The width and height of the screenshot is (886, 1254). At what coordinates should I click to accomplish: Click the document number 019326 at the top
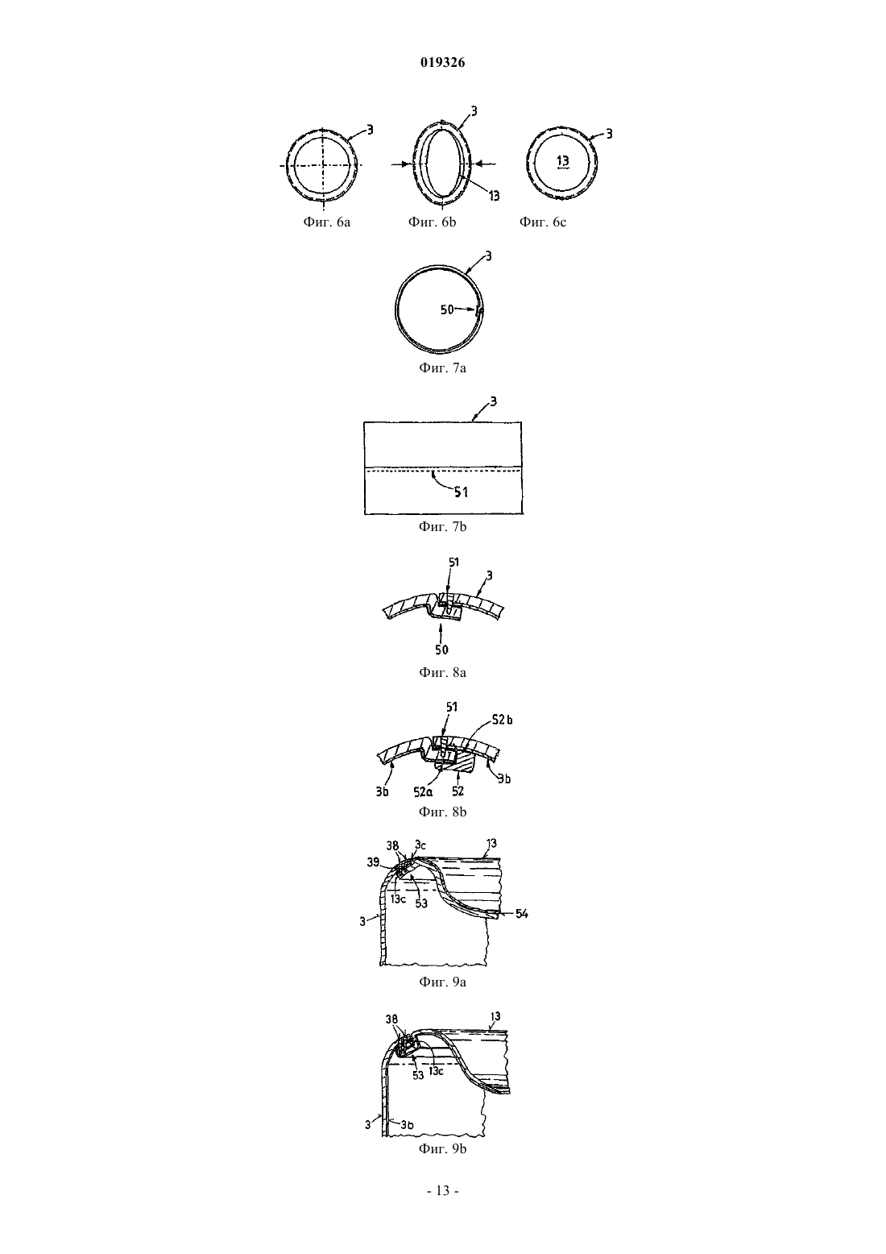point(442,62)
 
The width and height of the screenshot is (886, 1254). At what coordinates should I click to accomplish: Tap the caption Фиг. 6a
point(327,222)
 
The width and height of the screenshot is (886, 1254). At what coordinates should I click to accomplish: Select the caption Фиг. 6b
point(432,222)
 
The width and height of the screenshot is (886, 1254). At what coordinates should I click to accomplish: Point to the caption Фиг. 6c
point(543,222)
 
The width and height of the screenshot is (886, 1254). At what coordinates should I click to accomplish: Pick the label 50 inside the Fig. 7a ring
point(447,309)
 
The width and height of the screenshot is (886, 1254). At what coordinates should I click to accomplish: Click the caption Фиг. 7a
point(442,367)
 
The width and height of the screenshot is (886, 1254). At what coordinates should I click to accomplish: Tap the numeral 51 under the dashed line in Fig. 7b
point(461,492)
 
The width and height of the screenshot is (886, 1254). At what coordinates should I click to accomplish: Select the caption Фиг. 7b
point(442,527)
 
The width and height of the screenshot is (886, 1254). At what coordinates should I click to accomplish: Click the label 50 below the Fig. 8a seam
point(442,650)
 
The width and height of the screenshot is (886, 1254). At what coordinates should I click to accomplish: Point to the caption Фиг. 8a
point(442,672)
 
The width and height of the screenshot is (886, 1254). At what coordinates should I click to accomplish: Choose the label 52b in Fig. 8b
point(502,720)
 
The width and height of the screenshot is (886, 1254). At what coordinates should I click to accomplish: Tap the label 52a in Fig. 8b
point(423,791)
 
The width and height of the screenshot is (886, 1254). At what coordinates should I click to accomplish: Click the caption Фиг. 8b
point(442,812)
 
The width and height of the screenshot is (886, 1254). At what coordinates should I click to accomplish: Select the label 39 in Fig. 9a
point(373,862)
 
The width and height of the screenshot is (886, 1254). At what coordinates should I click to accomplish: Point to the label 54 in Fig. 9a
point(521,914)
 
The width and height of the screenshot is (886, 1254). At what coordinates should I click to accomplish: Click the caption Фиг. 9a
point(442,982)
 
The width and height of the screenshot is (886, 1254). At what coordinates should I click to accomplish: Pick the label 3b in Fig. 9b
point(407,1124)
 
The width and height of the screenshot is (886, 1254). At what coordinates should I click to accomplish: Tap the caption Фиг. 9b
point(442,1148)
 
